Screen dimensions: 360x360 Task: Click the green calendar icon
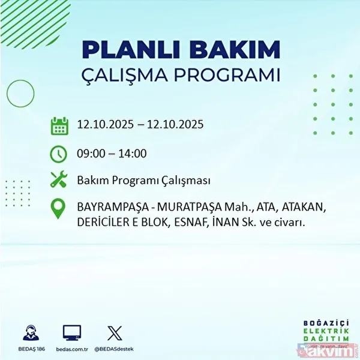click(x=59, y=126)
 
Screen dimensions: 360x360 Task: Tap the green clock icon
click(x=59, y=153)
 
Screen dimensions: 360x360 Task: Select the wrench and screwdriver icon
click(x=59, y=180)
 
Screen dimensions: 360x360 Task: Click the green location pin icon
click(x=59, y=208)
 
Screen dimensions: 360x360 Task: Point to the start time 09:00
click(x=91, y=153)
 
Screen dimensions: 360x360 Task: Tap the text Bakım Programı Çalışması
click(x=143, y=180)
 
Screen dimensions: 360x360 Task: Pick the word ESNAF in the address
click(x=195, y=223)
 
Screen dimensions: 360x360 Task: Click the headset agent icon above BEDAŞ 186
click(x=31, y=332)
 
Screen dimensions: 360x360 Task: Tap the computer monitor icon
click(x=72, y=332)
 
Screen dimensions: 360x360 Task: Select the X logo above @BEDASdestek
click(x=113, y=332)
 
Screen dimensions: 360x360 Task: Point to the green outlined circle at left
click(x=20, y=94)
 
